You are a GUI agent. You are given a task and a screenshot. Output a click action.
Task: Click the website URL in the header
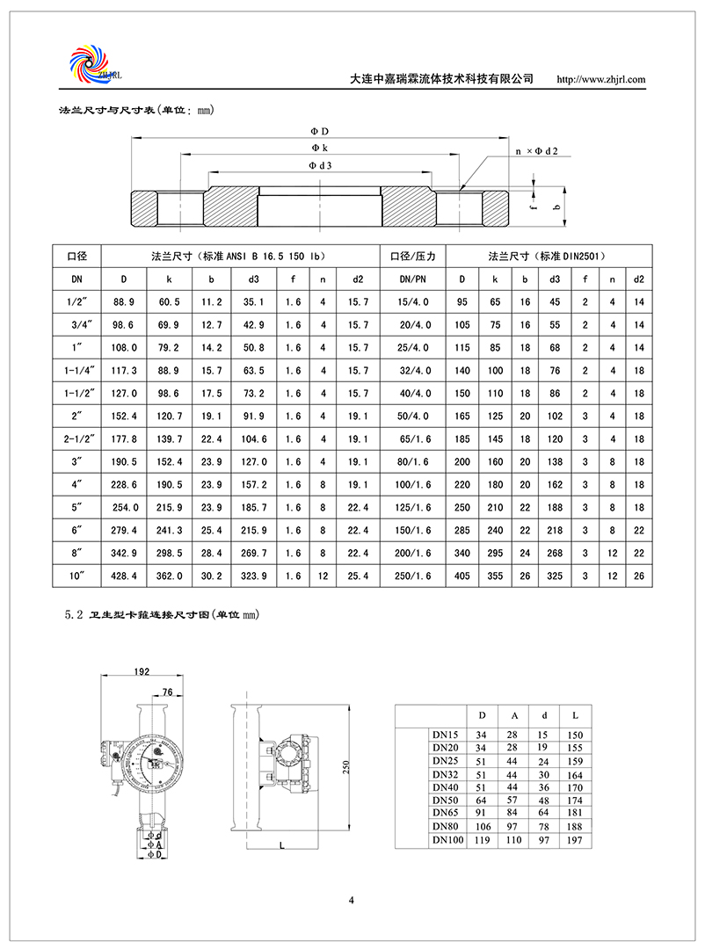[x=602, y=79]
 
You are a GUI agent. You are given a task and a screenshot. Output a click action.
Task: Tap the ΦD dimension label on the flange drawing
[x=320, y=132]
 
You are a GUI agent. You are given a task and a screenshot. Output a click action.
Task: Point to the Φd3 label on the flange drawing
[x=320, y=165]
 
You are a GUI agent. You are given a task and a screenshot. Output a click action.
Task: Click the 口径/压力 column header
[x=413, y=256]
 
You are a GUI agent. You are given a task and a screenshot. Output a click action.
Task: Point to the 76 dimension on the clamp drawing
[x=168, y=692]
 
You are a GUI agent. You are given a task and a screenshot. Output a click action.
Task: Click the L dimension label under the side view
[x=279, y=844]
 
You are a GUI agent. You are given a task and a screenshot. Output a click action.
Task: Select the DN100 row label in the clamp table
[x=447, y=841]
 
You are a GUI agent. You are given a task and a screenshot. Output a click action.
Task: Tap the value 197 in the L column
[x=575, y=841]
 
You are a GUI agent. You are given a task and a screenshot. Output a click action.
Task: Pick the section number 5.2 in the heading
[x=74, y=615]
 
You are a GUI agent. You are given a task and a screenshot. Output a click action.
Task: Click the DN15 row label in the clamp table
[x=446, y=734]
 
